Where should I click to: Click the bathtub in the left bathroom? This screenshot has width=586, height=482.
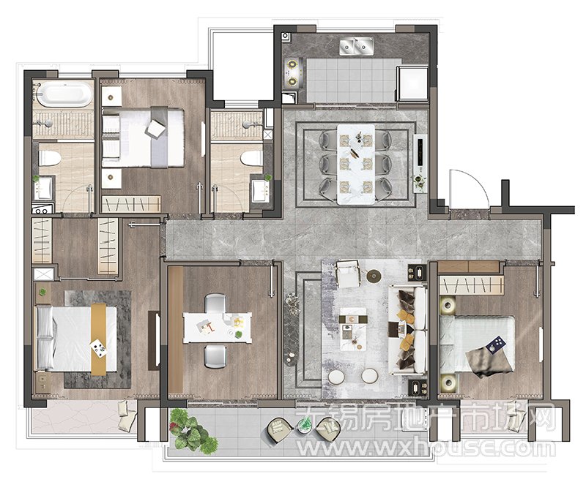[64, 94]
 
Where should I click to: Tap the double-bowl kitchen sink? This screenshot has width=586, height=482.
[357, 46]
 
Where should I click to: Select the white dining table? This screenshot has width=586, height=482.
[356, 164]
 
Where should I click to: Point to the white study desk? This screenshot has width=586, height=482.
[217, 328]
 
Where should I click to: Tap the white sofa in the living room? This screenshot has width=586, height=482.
[408, 330]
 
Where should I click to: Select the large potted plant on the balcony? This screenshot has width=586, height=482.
[193, 432]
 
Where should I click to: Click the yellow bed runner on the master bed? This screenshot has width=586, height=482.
[99, 339]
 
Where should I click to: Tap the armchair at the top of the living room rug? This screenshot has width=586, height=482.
[349, 274]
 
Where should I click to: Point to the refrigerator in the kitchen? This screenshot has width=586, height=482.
[412, 83]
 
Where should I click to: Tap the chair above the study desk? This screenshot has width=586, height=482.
[215, 303]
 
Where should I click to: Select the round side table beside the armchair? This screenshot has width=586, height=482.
[374, 276]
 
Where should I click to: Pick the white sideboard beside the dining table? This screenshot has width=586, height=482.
[420, 163]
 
